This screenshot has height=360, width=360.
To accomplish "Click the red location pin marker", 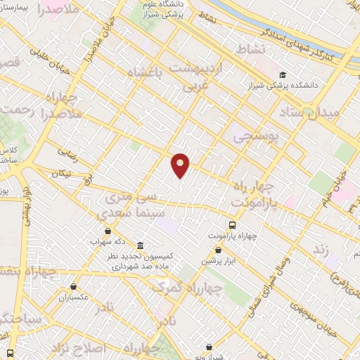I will [x=181, y=164].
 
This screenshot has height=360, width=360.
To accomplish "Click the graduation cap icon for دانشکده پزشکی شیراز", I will [x=283, y=75].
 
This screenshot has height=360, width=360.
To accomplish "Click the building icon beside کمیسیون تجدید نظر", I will [x=140, y=246].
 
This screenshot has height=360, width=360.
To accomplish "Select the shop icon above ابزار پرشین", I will [x=219, y=250].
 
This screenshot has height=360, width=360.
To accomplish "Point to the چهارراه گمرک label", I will [x=188, y=288].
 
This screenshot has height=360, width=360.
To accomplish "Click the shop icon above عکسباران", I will [x=75, y=287].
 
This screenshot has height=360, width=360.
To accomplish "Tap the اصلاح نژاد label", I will [x=79, y=348].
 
